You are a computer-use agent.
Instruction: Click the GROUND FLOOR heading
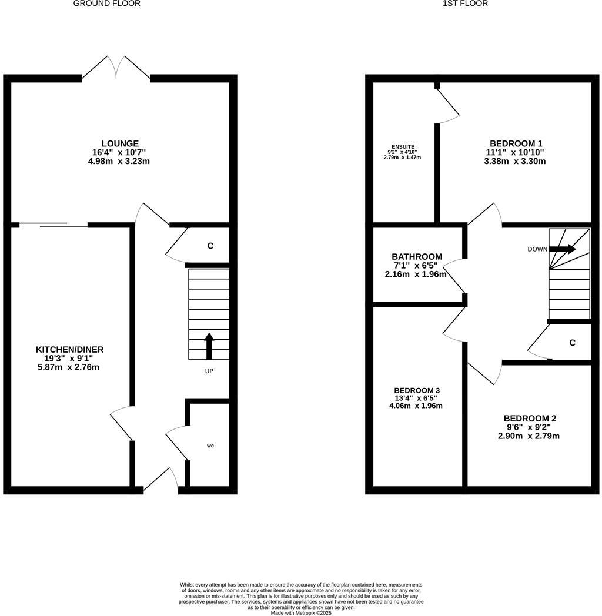pyautogui.click(x=106, y=4)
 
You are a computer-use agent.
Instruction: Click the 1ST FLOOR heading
pyautogui.click(x=465, y=4)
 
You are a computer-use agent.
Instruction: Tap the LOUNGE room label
pyautogui.click(x=120, y=143)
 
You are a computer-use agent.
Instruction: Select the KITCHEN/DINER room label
pyautogui.click(x=69, y=350)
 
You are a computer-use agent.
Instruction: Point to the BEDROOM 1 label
pyautogui.click(x=516, y=143)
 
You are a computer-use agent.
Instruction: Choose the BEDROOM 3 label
pyautogui.click(x=417, y=390)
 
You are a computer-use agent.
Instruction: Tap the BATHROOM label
pyautogui.click(x=417, y=257)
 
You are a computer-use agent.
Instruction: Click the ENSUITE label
pyautogui.click(x=403, y=146)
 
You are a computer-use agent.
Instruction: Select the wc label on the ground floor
pyautogui.click(x=210, y=446)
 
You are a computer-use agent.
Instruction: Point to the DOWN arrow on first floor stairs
pyautogui.click(x=564, y=249)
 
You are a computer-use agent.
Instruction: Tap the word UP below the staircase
pyautogui.click(x=209, y=371)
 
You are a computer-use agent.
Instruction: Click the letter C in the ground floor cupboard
pyautogui.click(x=210, y=246)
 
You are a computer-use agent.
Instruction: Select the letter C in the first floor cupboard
pyautogui.click(x=572, y=343)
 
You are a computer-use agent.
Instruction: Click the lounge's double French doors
pyautogui.click(x=116, y=68)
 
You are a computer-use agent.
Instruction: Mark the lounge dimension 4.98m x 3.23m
pyautogui.click(x=120, y=161)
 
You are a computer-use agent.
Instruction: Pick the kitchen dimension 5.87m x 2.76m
pyautogui.click(x=69, y=367)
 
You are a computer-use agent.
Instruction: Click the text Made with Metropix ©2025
pyautogui.click(x=301, y=612)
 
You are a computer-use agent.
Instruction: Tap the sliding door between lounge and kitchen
pyautogui.click(x=53, y=225)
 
